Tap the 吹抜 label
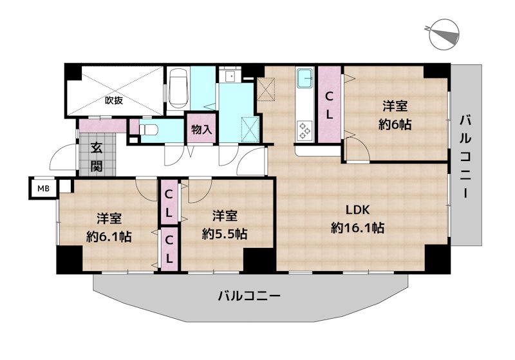[114, 100]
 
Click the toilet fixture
[149, 129]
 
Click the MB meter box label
[43, 189]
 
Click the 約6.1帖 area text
[109, 236]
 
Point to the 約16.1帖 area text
[358, 228]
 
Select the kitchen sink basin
[303, 82]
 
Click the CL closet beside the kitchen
[328, 106]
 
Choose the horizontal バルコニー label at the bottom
[248, 296]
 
